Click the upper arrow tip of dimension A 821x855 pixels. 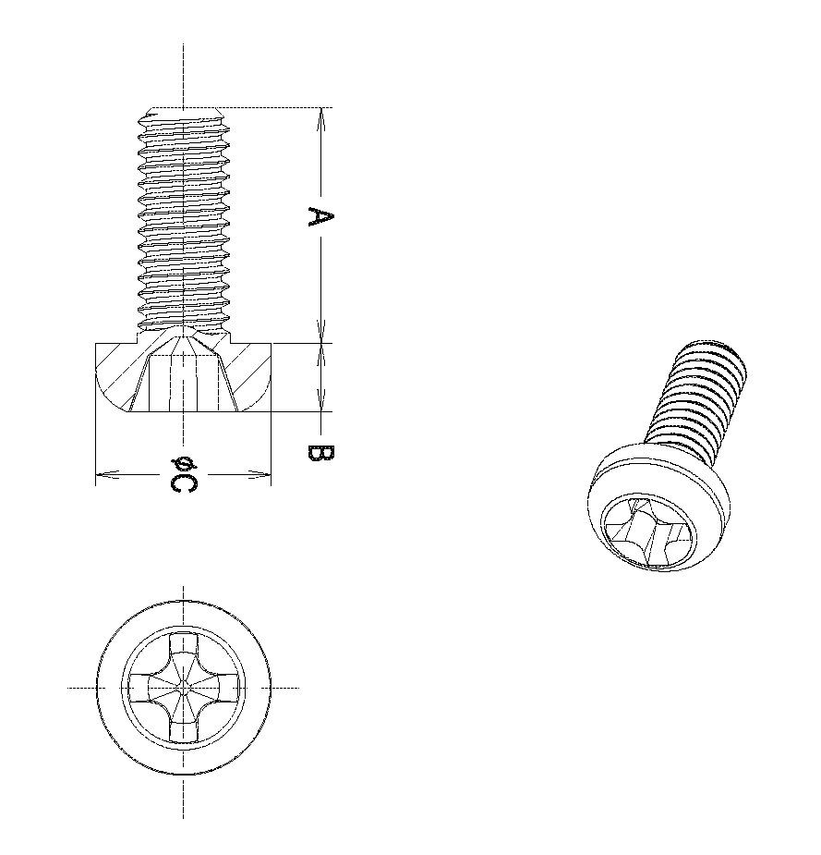pos(320,107)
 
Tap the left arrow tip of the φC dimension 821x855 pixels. pos(96,474)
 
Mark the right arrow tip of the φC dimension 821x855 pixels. pos(271,474)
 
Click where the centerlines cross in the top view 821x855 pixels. pos(184,688)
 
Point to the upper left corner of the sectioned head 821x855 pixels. pos(96,344)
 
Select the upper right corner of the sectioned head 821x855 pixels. pos(271,344)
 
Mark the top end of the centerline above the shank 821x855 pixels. pos(184,43)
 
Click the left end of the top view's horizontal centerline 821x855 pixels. pos(67,688)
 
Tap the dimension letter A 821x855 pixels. pos(320,216)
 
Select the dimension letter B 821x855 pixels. pos(320,453)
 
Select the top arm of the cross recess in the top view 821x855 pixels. pos(184,649)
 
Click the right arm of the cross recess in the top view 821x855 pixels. pos(223,688)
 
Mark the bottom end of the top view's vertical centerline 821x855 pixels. pos(184,818)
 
